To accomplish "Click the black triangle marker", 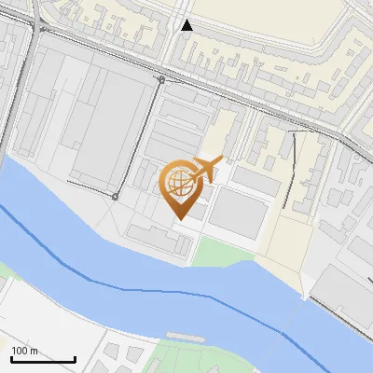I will click(x=186, y=25).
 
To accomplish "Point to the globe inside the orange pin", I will click(x=178, y=181).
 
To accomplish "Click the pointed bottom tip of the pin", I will click(x=179, y=217).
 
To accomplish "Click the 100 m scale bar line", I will click(x=43, y=359).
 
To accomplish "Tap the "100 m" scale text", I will click(x=25, y=351).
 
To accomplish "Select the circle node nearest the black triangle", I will click(x=161, y=80).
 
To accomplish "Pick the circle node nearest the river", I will click(x=115, y=197).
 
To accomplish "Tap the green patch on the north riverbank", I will click(x=219, y=250).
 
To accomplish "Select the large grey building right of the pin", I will click(x=239, y=213).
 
